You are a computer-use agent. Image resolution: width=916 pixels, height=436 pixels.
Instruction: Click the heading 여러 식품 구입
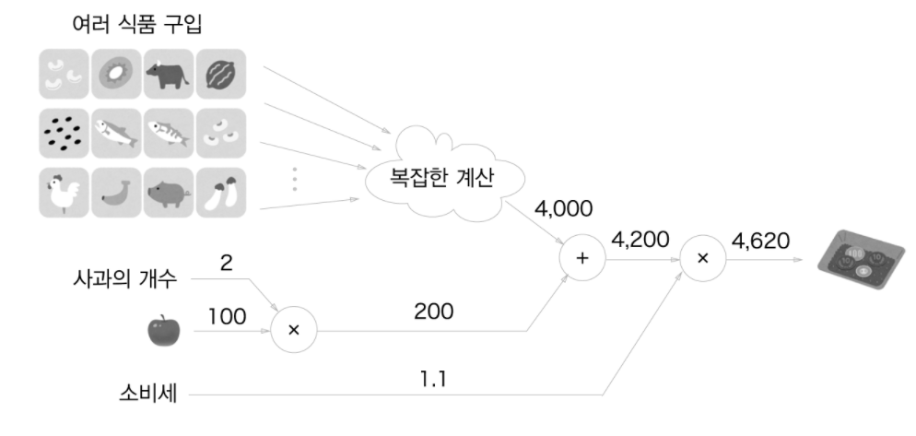pyautogui.click(x=135, y=23)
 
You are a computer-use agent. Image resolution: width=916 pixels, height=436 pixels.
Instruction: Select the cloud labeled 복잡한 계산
pyautogui.click(x=431, y=177)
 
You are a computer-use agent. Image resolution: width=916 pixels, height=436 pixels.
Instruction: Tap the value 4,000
pyautogui.click(x=562, y=208)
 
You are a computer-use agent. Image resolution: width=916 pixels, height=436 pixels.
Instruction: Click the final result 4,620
pyautogui.click(x=759, y=241)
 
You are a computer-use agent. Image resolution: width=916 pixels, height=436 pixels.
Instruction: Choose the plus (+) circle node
pyautogui.click(x=581, y=259)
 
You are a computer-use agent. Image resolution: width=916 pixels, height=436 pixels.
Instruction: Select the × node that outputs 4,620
pyautogui.click(x=702, y=259)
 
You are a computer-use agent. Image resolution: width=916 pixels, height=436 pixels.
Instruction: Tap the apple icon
pyautogui.click(x=165, y=330)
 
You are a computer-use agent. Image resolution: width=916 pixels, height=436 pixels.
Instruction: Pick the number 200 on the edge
pyautogui.click(x=434, y=312)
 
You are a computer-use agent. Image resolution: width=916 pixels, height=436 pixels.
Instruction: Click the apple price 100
pyautogui.click(x=228, y=316)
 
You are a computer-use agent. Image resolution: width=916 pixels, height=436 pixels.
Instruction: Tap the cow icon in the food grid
pyautogui.click(x=168, y=73)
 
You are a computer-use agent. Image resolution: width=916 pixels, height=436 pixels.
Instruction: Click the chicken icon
pyautogui.click(x=63, y=193)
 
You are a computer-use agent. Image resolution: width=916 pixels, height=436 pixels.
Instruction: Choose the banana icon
pyautogui.click(x=115, y=193)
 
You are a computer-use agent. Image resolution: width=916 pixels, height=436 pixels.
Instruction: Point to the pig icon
pyautogui.click(x=168, y=193)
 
